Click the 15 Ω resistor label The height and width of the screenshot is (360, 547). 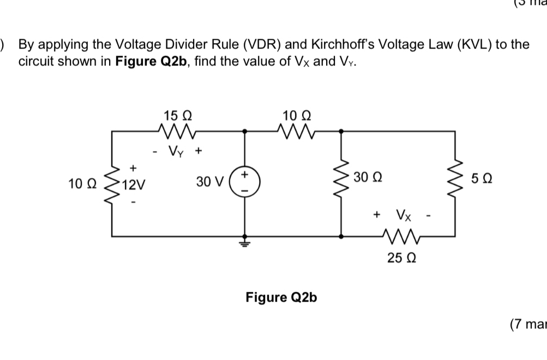(177, 115)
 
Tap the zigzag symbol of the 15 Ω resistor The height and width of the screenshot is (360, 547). (178, 131)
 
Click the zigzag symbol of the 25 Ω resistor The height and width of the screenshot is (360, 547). (401, 237)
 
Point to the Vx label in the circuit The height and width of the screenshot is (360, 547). (404, 215)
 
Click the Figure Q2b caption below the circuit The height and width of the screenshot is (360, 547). (281, 297)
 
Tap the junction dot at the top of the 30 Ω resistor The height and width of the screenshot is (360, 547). (342, 131)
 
